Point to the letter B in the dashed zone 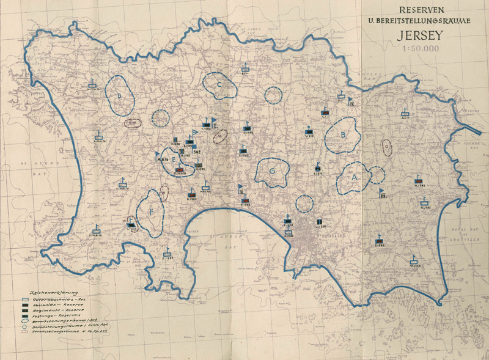pos(344,135)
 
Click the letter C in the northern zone pos(218,86)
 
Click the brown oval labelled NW pos(132,122)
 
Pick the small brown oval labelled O pos(386,147)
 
